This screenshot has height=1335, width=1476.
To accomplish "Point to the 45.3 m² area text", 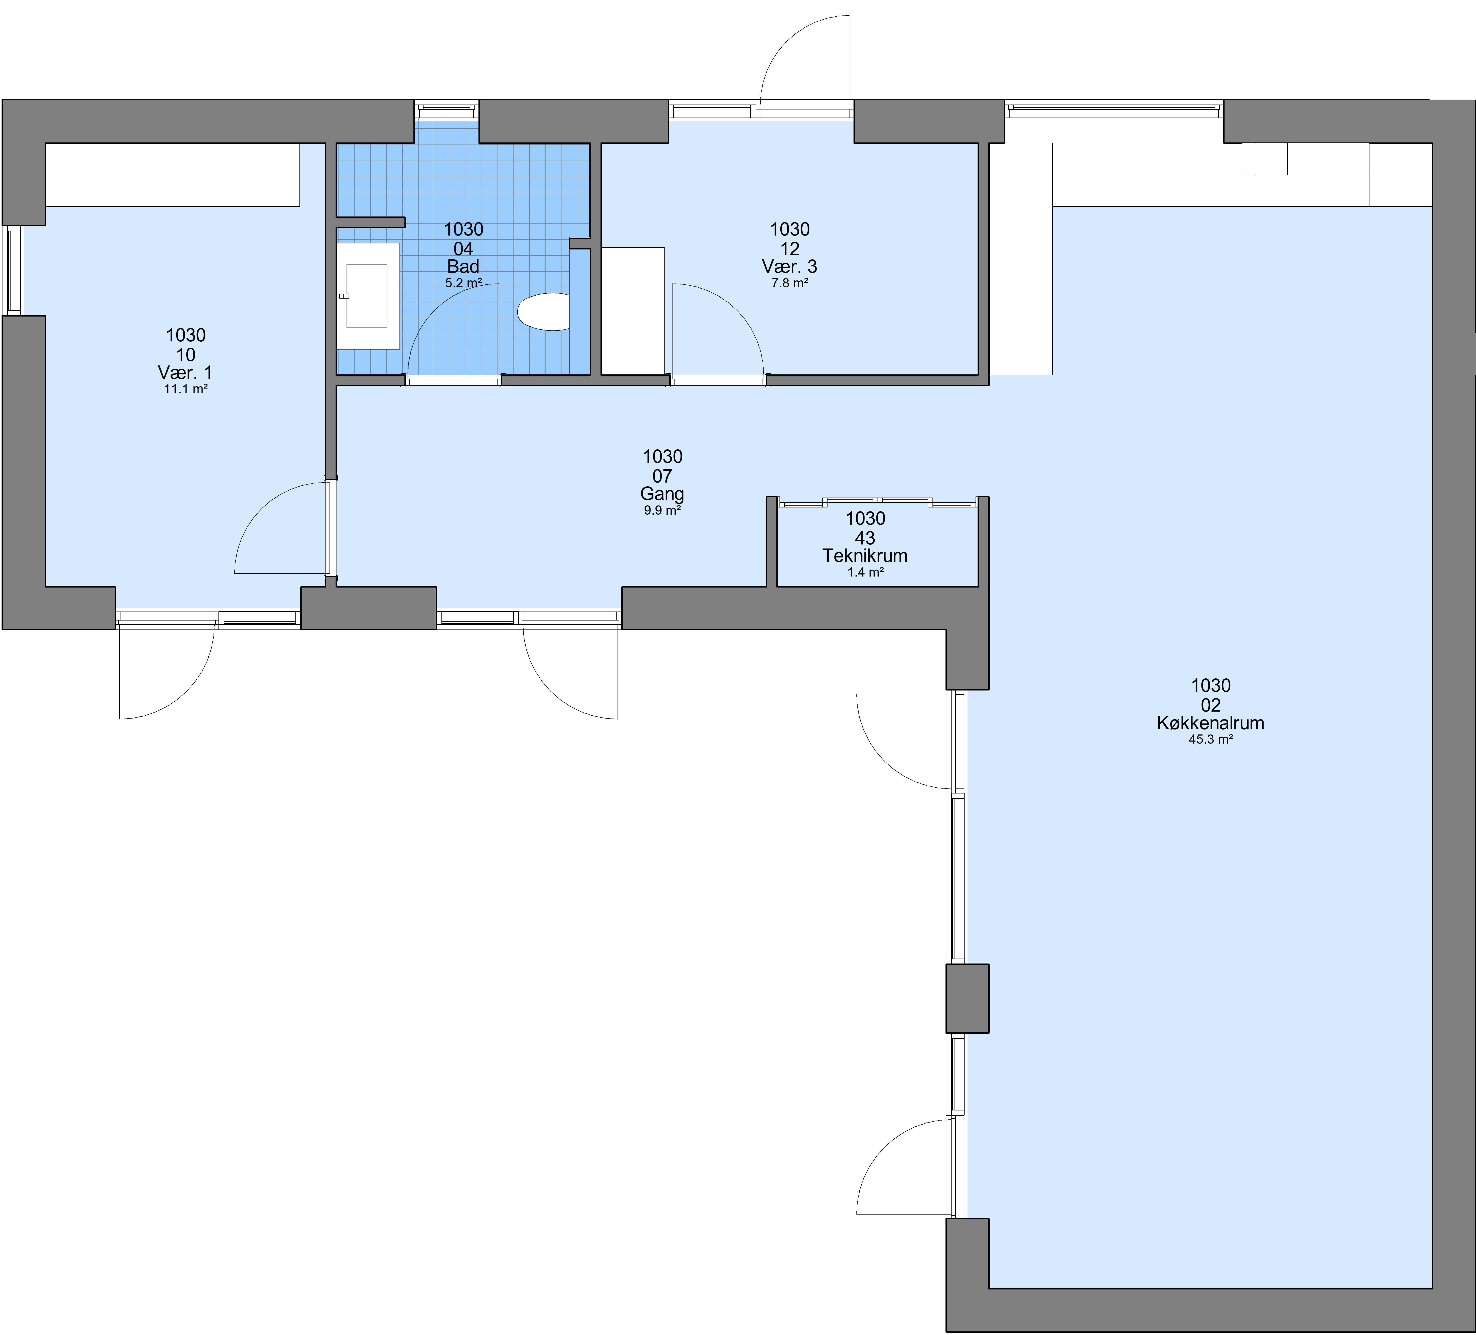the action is coord(1210,740).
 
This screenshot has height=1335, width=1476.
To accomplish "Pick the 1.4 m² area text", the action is coord(865,572).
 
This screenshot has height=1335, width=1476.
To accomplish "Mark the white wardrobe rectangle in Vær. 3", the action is coord(633,311).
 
